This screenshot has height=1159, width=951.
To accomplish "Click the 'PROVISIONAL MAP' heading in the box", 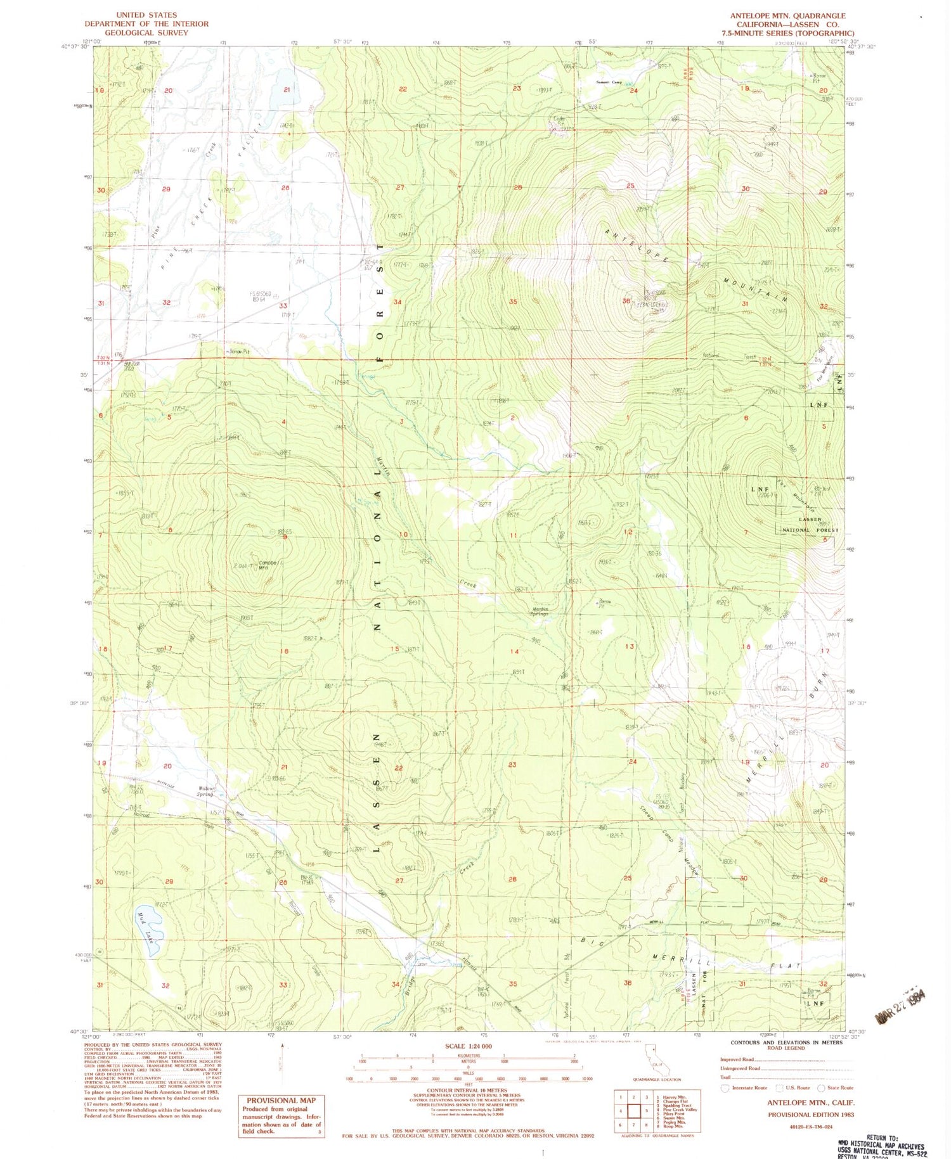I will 281,1101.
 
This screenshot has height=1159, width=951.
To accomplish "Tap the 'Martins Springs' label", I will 540,613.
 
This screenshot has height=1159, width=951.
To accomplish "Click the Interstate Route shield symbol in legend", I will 726,1087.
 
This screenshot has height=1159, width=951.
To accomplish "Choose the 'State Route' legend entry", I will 839,1087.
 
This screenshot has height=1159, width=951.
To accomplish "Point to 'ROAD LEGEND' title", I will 786,1048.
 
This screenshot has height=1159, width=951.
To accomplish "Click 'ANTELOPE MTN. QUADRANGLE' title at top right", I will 787,16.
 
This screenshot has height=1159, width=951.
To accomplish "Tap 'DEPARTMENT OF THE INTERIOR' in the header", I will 146,23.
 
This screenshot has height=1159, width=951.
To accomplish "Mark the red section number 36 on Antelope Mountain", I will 626,301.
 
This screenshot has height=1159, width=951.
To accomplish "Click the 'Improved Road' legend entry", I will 737,1060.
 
